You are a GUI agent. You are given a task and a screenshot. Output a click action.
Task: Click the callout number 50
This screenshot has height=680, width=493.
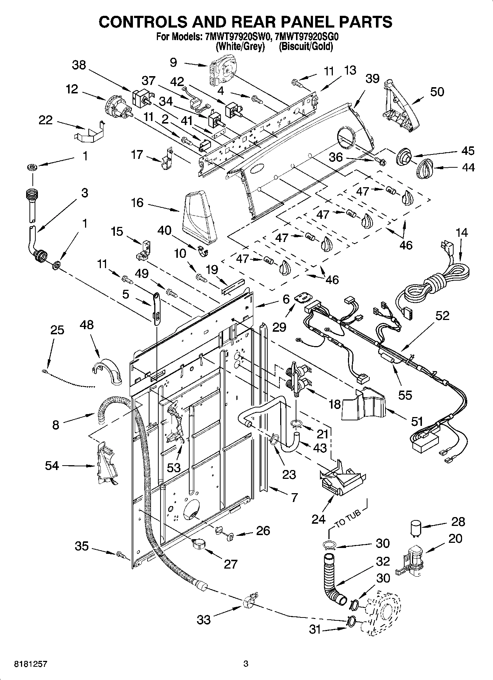(x=437, y=92)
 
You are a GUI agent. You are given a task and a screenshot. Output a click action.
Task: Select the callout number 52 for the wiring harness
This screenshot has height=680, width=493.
(x=443, y=316)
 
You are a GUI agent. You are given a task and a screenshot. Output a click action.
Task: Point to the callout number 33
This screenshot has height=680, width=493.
(x=203, y=620)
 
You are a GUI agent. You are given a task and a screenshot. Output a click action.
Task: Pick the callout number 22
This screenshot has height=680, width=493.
(x=46, y=120)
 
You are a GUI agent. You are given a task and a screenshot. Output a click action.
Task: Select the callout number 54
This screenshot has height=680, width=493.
(x=52, y=466)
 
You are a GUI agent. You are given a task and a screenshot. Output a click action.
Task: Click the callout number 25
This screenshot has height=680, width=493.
(x=57, y=330)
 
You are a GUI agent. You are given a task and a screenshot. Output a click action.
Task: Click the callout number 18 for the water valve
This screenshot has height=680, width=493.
(x=334, y=404)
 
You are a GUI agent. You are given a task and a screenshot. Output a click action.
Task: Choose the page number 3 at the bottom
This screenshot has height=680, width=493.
(x=246, y=664)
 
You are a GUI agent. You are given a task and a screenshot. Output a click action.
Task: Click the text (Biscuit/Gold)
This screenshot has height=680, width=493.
(x=306, y=47)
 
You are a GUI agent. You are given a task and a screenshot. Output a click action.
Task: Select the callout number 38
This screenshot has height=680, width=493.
(x=79, y=65)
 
